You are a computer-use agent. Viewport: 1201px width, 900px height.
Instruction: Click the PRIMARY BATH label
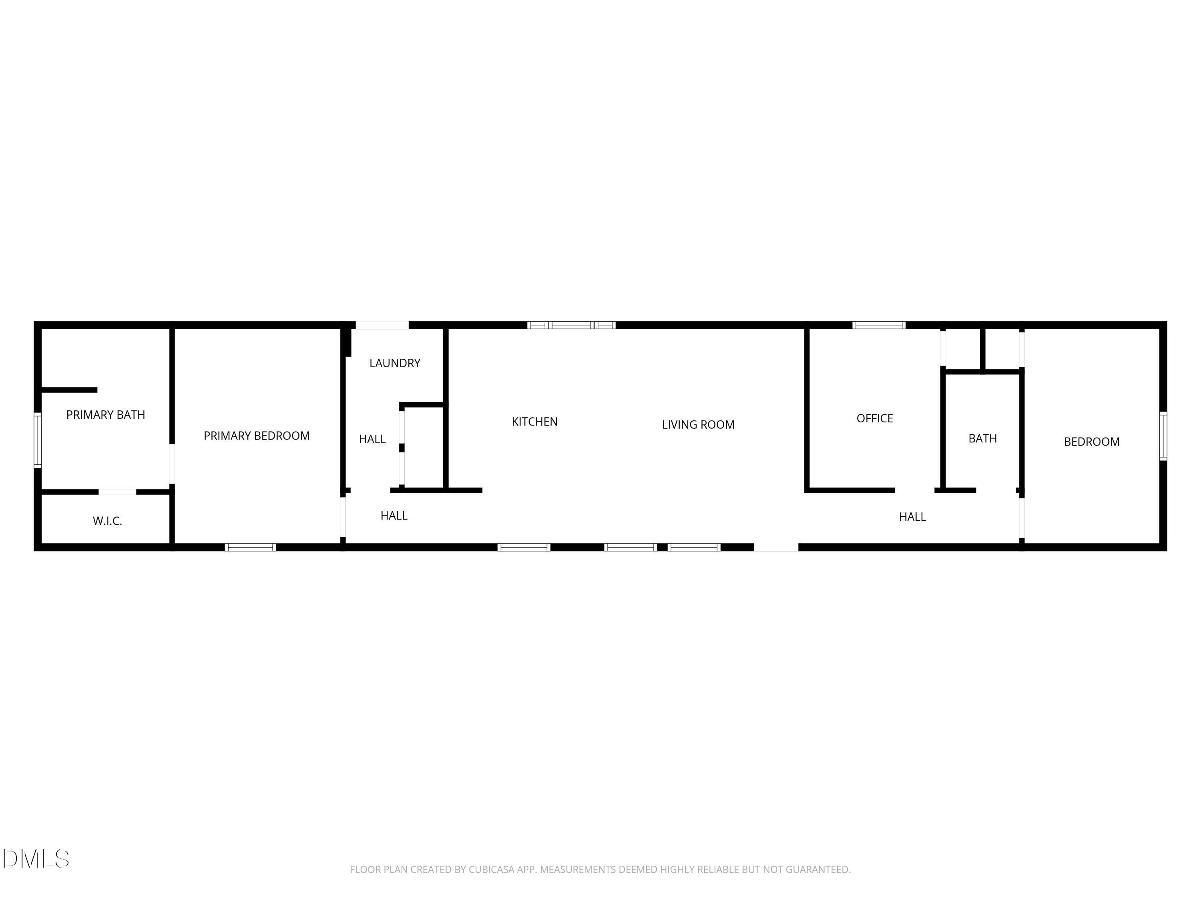point(105,415)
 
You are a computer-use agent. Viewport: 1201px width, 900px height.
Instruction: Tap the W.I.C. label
point(108,521)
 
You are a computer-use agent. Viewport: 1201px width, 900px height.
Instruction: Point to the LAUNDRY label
point(395,363)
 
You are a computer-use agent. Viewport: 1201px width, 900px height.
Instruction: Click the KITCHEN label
point(534,422)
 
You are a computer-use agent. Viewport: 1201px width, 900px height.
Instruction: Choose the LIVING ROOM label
point(698,425)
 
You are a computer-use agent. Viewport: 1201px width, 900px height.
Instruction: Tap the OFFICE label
point(874,418)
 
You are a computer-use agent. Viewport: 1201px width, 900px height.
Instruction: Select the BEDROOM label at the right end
point(1091,442)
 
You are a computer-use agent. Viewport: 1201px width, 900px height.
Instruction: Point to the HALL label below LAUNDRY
point(372,439)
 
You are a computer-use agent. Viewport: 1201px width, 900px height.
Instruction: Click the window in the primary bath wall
point(38,440)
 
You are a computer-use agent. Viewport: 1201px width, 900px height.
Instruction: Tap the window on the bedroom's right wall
point(1163,436)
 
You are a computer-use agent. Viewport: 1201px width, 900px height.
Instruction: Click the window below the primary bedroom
point(250,547)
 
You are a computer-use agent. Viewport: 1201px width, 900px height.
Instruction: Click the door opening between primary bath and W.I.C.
point(117,492)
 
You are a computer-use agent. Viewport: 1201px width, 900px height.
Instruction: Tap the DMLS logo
point(36,858)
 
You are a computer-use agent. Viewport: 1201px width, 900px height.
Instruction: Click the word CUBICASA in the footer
point(491,869)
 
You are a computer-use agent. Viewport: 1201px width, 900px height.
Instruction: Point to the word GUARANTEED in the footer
point(818,869)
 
